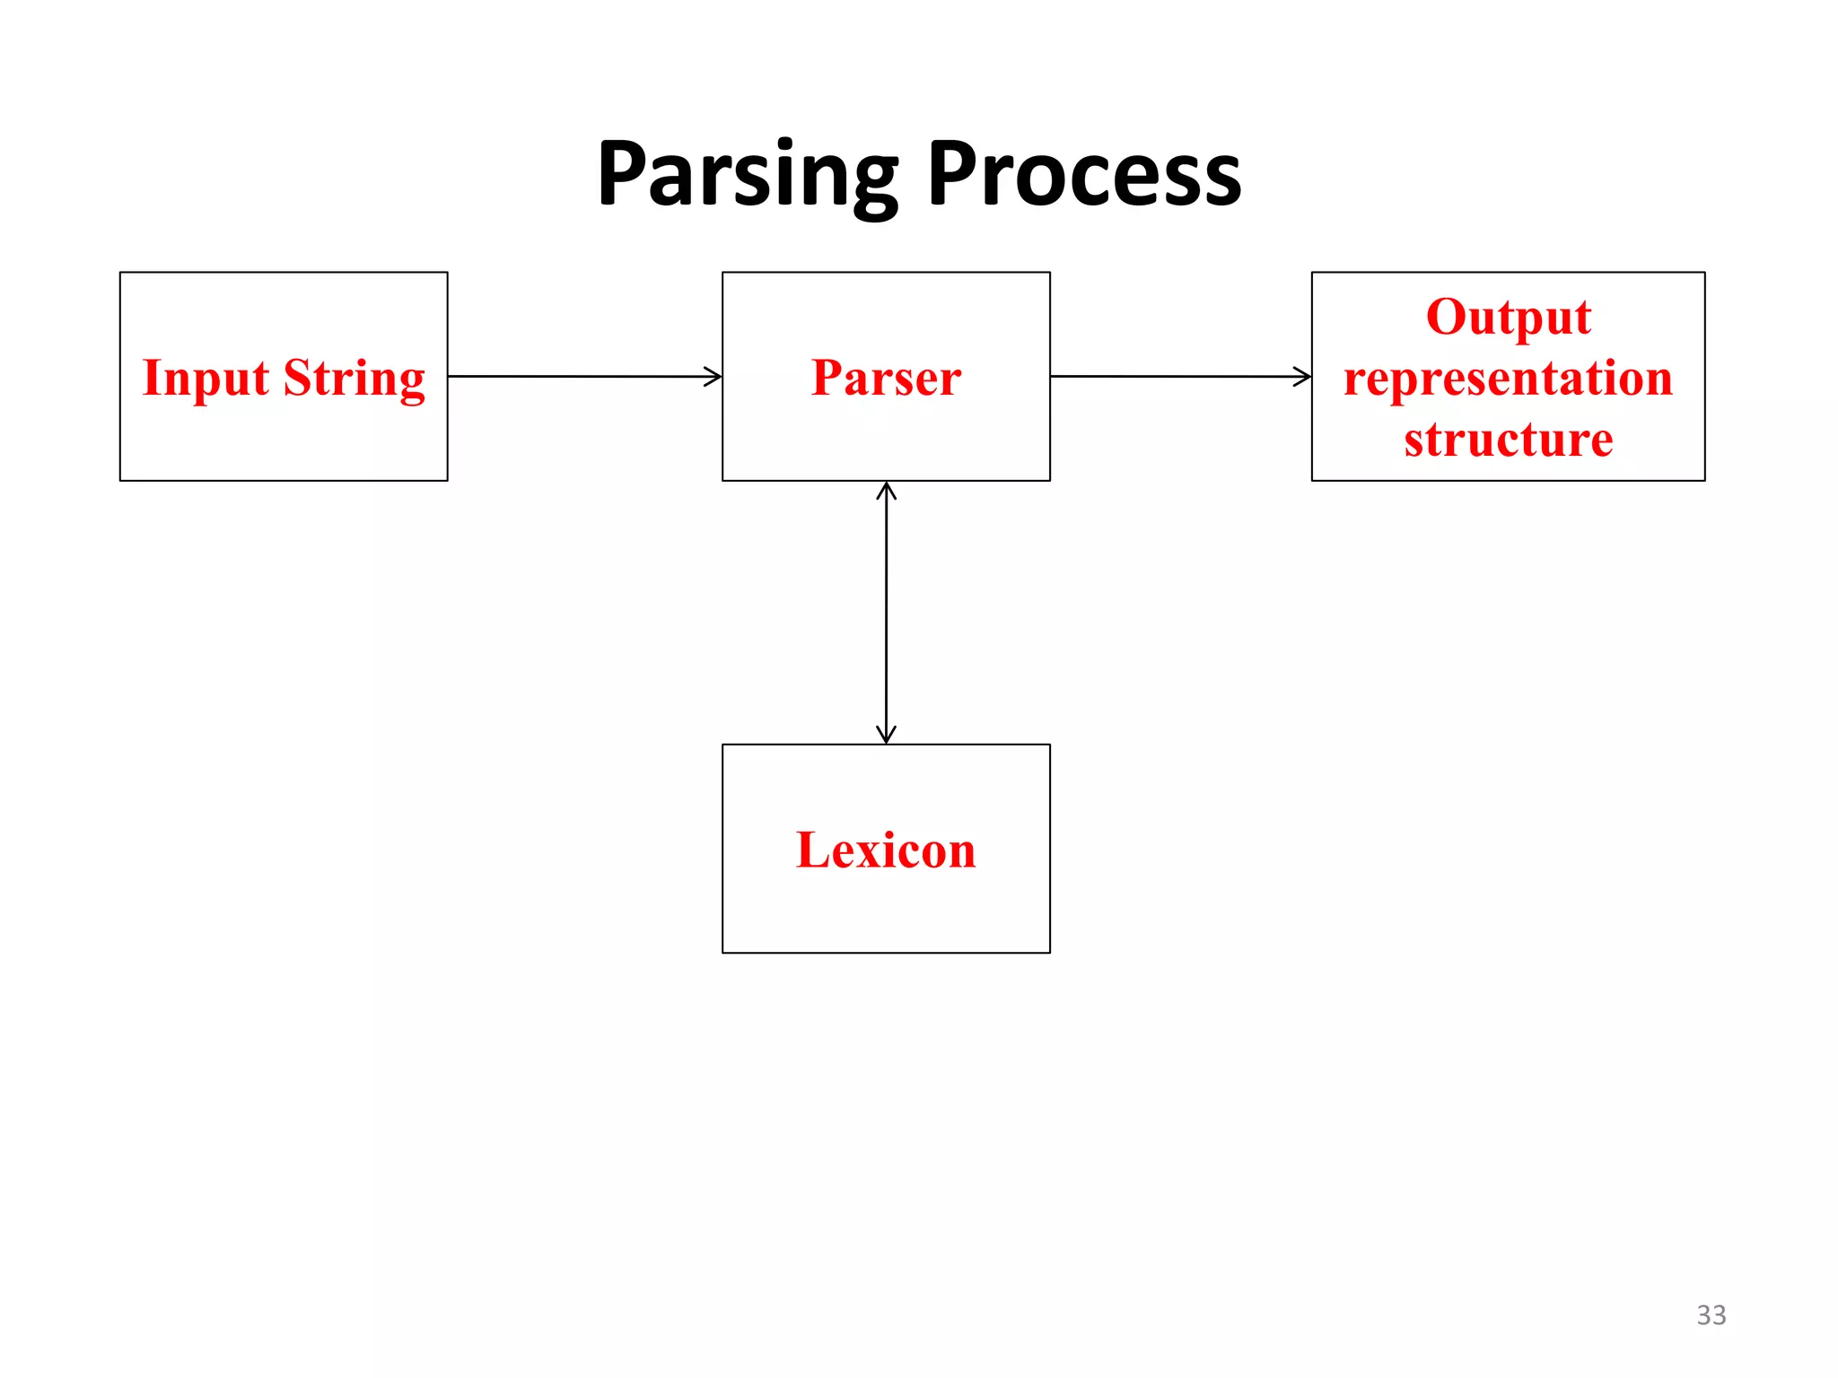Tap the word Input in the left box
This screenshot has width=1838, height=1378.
(206, 378)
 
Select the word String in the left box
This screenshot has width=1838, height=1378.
(354, 378)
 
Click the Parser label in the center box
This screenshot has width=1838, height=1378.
(886, 377)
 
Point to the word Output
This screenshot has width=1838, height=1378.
(1508, 317)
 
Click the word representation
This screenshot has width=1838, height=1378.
(1508, 378)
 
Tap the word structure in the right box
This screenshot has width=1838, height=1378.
(1508, 439)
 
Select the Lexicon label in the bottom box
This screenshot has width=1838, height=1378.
(886, 850)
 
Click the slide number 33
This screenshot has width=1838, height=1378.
(1711, 1314)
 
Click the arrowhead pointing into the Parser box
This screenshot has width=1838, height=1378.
(714, 377)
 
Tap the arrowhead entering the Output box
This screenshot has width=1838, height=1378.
(1304, 377)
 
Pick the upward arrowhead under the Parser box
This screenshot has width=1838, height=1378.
(886, 490)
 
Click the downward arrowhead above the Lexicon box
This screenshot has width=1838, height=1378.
(886, 736)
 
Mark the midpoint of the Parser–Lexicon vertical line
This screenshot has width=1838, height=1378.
(886, 613)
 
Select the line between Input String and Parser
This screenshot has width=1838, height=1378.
(583, 377)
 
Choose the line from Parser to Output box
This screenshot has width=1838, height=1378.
(1176, 377)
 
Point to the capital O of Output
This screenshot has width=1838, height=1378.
(1447, 317)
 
